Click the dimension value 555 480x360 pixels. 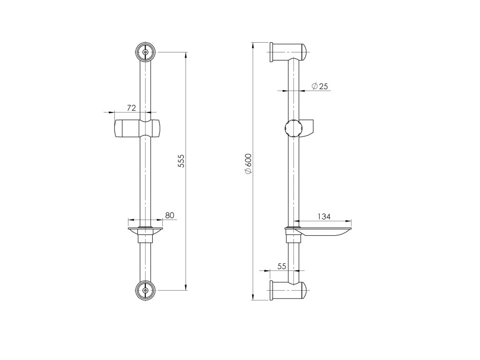[181, 160]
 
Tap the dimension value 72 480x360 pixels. [131, 108]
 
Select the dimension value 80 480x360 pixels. [169, 215]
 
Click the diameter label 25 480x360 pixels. [320, 86]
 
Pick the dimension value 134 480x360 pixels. [324, 217]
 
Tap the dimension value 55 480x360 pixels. [282, 266]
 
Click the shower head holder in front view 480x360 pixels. [138, 128]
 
